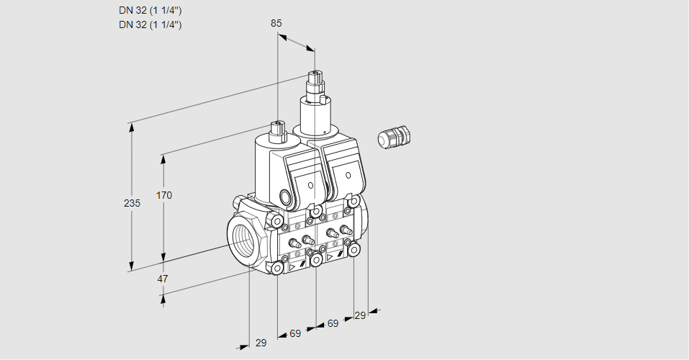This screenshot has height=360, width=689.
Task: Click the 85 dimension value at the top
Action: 276,23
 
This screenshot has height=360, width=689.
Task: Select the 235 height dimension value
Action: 132,204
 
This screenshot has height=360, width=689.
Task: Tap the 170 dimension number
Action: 164,195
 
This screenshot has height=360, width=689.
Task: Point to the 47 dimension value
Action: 163,279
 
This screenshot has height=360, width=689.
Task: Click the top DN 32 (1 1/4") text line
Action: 150,11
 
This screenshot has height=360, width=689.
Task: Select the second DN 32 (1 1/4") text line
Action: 150,24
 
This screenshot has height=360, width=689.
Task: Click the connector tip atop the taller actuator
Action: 314,75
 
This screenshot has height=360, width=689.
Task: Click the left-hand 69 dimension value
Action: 295,334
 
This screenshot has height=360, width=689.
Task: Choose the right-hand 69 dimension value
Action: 333,324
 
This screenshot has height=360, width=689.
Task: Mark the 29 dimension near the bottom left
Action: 261,343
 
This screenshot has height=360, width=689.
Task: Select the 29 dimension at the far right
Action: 360,315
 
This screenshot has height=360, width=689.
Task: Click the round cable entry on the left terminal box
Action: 285,197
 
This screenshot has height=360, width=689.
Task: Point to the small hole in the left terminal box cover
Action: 310,186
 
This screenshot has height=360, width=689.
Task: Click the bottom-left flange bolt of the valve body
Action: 277,268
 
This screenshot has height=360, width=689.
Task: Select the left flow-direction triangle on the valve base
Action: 292,266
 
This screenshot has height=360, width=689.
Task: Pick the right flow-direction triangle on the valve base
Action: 330,256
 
